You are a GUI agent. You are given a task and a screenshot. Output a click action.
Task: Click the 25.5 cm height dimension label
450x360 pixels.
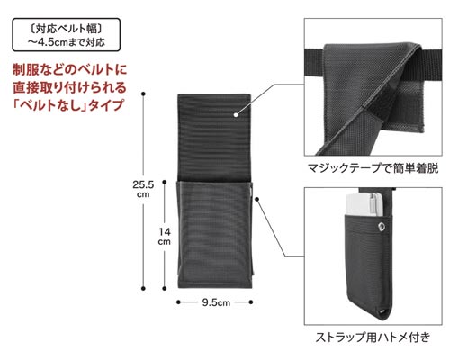click(x=143, y=189)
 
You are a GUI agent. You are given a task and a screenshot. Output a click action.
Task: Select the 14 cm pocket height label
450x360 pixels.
click(x=165, y=237)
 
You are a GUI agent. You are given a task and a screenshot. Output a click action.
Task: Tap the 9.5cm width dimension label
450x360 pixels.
click(x=216, y=302)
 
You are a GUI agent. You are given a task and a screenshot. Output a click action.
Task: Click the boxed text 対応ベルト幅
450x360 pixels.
click(x=67, y=29)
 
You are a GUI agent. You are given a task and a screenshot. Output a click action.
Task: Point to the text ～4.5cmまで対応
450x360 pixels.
click(x=67, y=42)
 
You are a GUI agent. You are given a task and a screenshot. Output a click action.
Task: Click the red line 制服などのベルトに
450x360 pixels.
click(x=70, y=69)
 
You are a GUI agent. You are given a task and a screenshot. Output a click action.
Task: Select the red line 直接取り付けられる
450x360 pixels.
click(x=69, y=87)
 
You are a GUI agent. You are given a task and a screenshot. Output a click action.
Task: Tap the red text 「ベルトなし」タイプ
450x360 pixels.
click(x=68, y=105)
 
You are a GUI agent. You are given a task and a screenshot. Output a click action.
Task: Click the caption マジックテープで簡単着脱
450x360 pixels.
click(x=373, y=168)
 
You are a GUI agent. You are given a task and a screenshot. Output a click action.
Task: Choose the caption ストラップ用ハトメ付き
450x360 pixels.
click(x=373, y=337)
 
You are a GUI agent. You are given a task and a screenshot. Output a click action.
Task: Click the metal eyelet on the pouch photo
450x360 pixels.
click(x=382, y=227)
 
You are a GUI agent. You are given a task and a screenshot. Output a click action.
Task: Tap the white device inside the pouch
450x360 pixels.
click(x=364, y=204)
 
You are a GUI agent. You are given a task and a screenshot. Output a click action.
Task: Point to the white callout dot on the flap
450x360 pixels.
click(x=236, y=114)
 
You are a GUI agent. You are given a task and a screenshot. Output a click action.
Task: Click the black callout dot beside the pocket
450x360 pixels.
click(x=256, y=199)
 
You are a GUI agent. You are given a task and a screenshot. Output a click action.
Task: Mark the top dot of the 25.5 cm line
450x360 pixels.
click(x=143, y=94)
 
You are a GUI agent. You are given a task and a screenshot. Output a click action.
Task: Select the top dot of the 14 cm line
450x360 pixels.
click(x=165, y=182)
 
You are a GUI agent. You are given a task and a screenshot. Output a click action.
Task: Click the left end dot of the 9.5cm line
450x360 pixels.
click(x=178, y=302)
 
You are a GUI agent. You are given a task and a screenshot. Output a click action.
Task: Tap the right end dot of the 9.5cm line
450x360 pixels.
click(x=251, y=302)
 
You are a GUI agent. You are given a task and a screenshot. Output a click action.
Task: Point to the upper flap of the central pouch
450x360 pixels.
click(x=214, y=138)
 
